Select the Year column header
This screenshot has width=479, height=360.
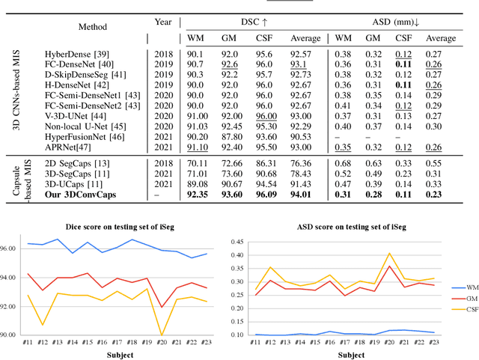[163, 22]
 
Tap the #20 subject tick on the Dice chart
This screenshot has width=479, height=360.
[160, 341]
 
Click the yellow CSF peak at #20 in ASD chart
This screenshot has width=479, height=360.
[389, 254]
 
